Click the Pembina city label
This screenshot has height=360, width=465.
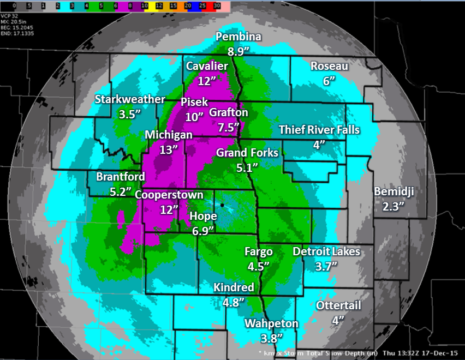pyautogui.click(x=239, y=37)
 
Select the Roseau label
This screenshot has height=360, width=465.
pyautogui.click(x=329, y=66)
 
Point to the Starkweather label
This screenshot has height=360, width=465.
pyautogui.click(x=130, y=99)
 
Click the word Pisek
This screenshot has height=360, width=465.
pyautogui.click(x=194, y=102)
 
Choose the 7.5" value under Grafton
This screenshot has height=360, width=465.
pyautogui.click(x=229, y=127)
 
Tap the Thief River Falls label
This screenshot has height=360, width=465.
pyautogui.click(x=319, y=130)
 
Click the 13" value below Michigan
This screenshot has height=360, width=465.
pyautogui.click(x=169, y=149)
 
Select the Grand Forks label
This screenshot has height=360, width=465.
pyautogui.click(x=247, y=153)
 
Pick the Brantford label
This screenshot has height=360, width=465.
pyautogui.click(x=121, y=177)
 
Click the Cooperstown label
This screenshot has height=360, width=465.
pyautogui.click(x=169, y=195)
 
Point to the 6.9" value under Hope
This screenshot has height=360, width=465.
pyautogui.click(x=202, y=230)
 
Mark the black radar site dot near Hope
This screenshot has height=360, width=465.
pyautogui.click(x=223, y=205)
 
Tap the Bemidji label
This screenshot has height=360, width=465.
pyautogui.click(x=394, y=191)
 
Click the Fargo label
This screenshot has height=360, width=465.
pyautogui.click(x=259, y=252)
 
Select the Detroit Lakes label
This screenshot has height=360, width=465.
pyautogui.click(x=326, y=251)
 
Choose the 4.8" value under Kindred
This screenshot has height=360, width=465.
pyautogui.click(x=234, y=301)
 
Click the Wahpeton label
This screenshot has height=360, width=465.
pyautogui.click(x=271, y=323)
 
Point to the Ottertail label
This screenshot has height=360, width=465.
pyautogui.click(x=338, y=305)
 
